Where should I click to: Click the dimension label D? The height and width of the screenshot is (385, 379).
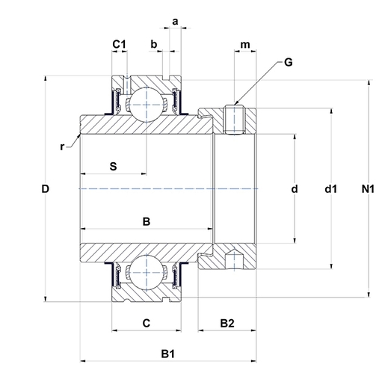(x=45, y=189)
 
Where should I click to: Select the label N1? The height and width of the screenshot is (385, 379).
(x=368, y=189)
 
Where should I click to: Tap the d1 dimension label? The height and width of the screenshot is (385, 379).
(x=331, y=189)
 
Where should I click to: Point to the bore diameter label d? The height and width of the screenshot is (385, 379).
(x=295, y=189)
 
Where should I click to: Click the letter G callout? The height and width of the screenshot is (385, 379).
(x=289, y=62)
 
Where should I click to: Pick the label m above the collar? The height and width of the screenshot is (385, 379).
(x=245, y=45)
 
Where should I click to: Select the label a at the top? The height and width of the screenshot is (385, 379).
(x=175, y=22)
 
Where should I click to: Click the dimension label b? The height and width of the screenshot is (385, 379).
(x=154, y=44)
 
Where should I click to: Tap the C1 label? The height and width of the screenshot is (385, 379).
(x=119, y=44)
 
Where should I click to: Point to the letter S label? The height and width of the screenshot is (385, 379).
(x=113, y=166)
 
